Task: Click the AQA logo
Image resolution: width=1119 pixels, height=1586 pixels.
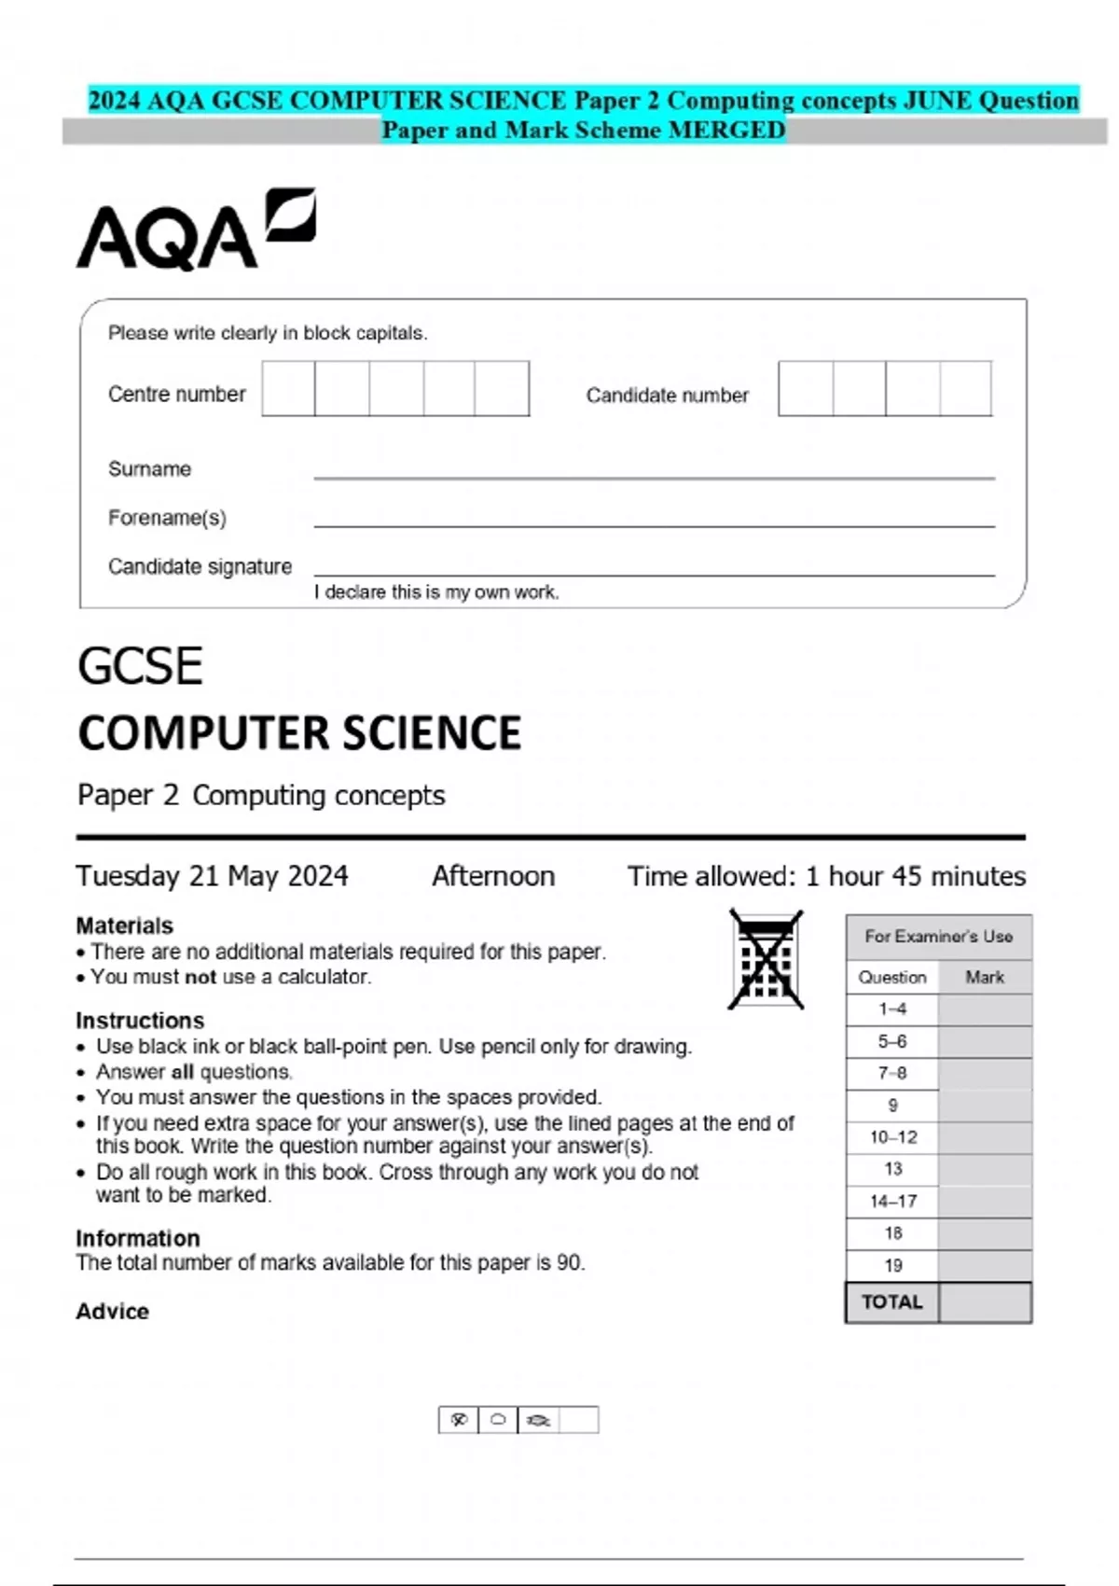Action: [x=195, y=230]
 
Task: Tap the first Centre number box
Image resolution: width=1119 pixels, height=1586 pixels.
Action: [x=288, y=389]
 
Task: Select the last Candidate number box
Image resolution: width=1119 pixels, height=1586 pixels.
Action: [x=965, y=389]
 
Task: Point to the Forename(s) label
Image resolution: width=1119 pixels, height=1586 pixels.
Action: [x=167, y=518]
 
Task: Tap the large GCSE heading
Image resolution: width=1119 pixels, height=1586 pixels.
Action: [x=140, y=667]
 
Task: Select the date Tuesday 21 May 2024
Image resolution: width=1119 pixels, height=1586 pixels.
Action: [x=212, y=876]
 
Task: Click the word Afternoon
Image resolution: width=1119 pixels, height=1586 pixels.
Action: [x=493, y=876]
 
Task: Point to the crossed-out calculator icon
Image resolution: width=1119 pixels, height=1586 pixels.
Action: [x=766, y=960]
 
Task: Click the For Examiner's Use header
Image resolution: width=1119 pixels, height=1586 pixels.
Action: [x=938, y=936]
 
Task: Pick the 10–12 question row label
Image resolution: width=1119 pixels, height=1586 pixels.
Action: [x=892, y=1137]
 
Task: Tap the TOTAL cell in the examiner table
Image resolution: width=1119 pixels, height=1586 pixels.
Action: [x=891, y=1302]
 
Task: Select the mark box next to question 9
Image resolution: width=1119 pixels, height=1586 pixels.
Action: [x=985, y=1106]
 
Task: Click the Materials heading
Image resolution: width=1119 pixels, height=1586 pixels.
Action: [x=124, y=925]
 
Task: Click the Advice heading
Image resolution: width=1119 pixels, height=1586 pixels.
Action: [x=112, y=1312]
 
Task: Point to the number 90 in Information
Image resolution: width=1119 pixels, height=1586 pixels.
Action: [x=569, y=1263]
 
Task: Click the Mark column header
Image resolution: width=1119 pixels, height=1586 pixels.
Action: [x=985, y=977]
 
